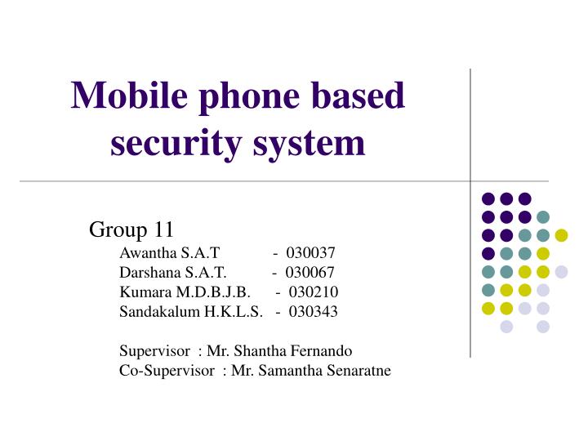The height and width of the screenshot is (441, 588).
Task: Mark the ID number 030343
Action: pyautogui.click(x=312, y=310)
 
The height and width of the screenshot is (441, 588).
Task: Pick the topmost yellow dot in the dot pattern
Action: pyautogui.click(x=561, y=235)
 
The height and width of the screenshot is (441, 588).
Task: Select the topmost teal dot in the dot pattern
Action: pyautogui.click(x=543, y=216)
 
